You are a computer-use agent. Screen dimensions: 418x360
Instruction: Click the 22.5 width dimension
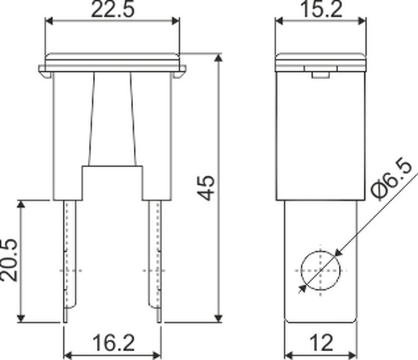coord(113,10)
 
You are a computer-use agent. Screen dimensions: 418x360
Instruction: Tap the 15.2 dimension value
coord(321,10)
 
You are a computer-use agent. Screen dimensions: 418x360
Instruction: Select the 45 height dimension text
coord(207,187)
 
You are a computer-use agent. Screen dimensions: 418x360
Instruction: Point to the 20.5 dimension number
coord(8,260)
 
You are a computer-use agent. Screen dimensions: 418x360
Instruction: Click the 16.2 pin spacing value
coord(114,343)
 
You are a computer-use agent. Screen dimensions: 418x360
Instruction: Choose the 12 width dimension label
coord(321,343)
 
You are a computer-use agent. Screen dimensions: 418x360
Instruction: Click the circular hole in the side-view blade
coord(321,270)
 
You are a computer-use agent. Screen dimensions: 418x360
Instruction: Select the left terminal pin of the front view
coord(70,261)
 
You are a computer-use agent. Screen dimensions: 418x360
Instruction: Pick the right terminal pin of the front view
coord(155,261)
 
